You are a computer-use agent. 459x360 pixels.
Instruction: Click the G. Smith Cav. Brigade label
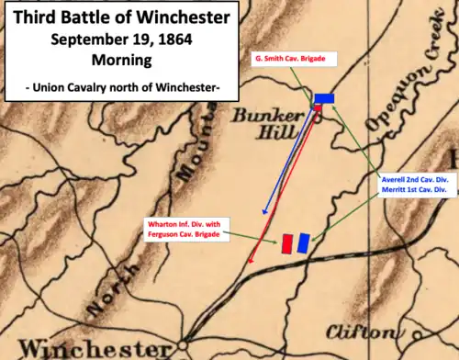pos(296,60)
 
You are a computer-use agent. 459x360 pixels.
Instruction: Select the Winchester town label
pos(87,348)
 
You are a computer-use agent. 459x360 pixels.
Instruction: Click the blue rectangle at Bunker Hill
pos(324,98)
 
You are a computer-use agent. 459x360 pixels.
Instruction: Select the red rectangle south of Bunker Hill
pos(287,243)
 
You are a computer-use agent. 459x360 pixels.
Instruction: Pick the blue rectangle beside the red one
pos(303,242)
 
